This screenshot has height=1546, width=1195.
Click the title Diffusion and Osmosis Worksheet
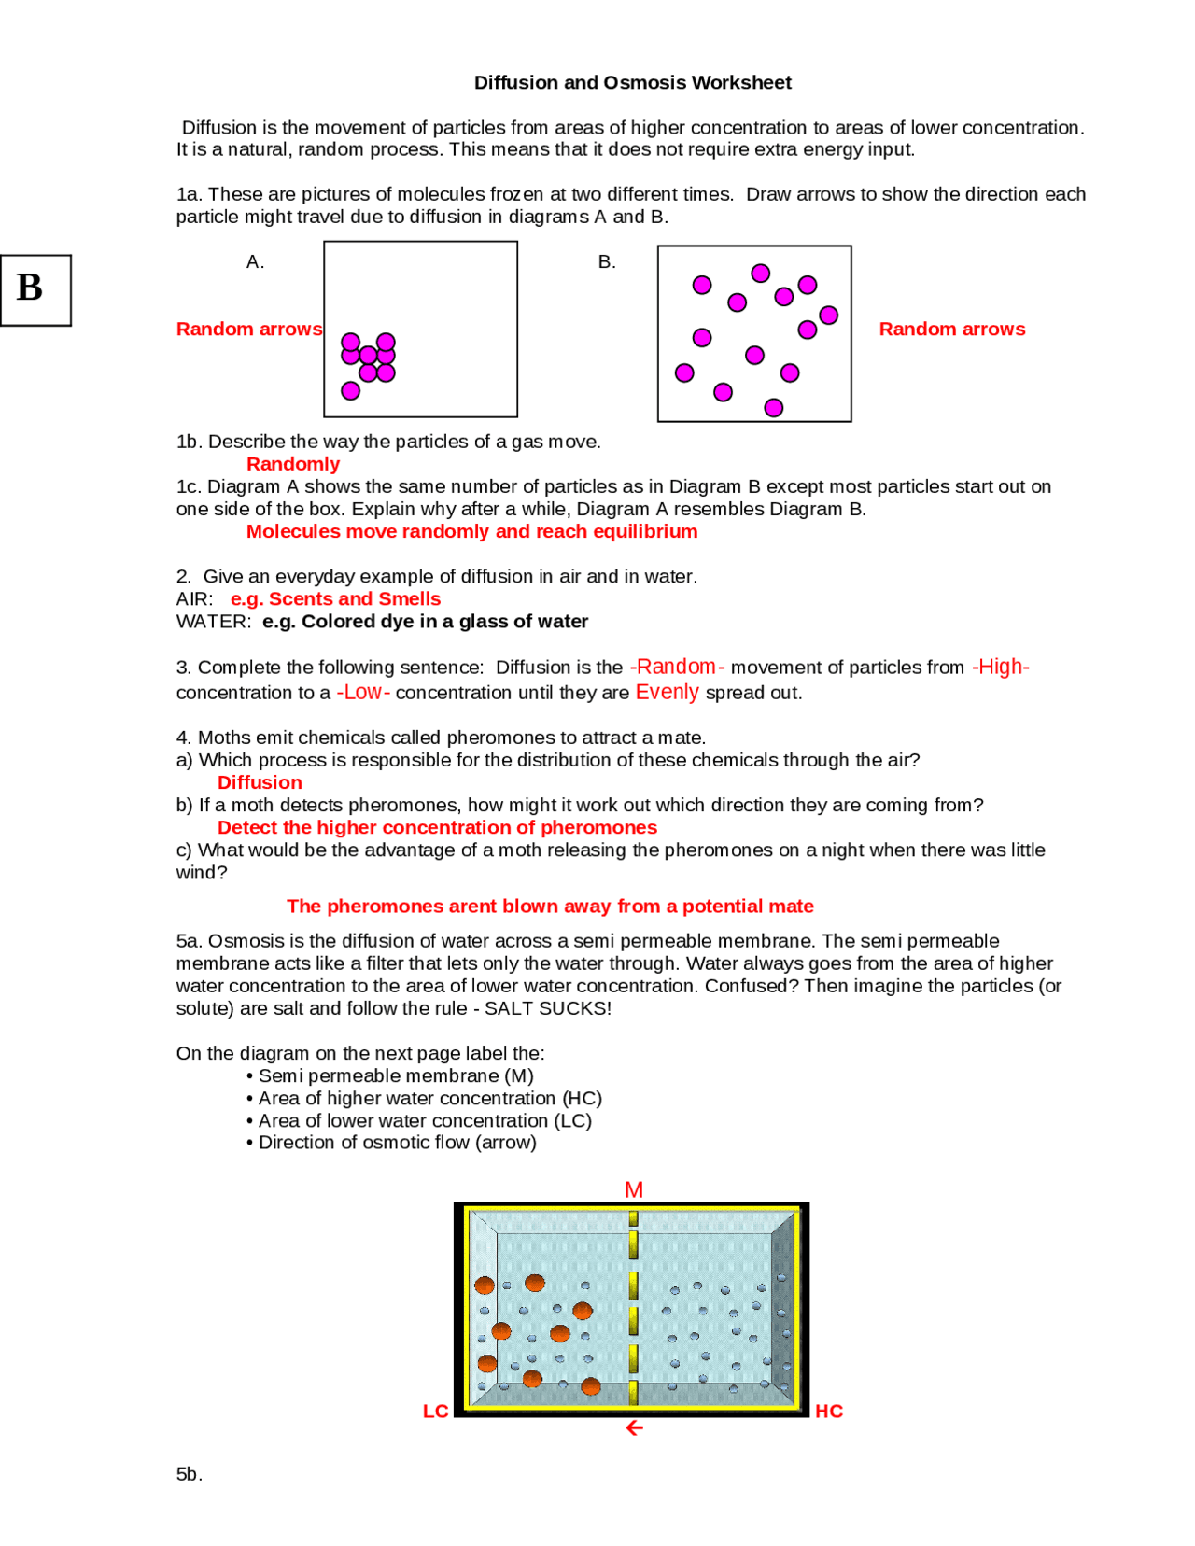632,82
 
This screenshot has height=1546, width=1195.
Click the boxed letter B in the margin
31,288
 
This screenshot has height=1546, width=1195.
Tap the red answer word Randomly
293,464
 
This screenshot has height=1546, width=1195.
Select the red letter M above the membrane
634,1189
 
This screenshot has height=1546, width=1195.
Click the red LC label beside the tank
435,1411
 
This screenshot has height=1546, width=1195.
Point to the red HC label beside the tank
829,1411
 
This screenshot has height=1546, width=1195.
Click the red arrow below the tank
635,1428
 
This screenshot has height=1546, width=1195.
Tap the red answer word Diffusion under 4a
260,782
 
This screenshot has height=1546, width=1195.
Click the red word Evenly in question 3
667,692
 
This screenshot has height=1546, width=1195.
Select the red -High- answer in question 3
1001,667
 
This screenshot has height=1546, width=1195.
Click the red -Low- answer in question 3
363,692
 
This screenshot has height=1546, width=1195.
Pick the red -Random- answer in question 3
677,667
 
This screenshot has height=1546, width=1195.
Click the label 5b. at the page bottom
189,1474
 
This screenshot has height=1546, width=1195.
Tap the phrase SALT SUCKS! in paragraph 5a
548,1008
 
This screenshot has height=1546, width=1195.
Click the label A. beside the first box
255,262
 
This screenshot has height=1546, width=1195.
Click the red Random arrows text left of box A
249,329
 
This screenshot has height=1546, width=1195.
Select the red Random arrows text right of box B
951,329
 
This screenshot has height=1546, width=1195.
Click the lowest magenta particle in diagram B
773,408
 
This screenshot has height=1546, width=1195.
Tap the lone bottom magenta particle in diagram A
351,390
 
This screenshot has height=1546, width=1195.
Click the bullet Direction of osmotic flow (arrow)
397,1143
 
